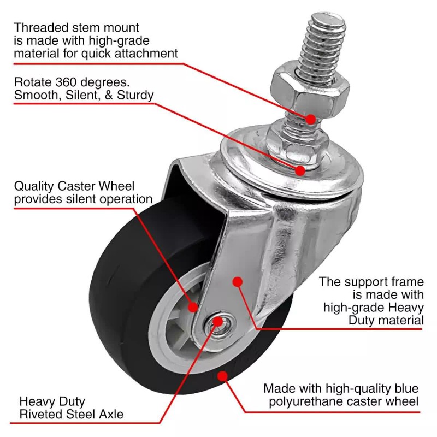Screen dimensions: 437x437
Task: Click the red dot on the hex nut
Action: tap(310, 119)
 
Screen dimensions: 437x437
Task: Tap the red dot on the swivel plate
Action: tap(300, 170)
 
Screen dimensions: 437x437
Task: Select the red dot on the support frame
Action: tap(237, 281)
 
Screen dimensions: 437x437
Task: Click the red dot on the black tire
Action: tap(222, 376)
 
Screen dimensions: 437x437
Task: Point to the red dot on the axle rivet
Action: tap(218, 321)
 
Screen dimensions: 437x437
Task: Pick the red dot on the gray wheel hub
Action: tap(193, 307)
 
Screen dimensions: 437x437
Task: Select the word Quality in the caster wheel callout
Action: tap(33, 187)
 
